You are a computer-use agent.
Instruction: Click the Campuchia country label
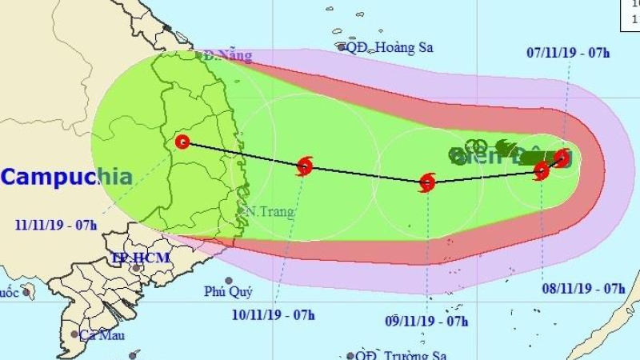point(66,177)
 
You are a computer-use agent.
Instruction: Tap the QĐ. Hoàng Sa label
point(389,47)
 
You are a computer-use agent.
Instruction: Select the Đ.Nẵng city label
point(227,56)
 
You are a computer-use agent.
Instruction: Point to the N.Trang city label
point(270,212)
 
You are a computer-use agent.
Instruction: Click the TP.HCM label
point(131,258)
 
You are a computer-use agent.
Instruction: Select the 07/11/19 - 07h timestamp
point(569,54)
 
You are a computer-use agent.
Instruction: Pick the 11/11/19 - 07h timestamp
point(56,224)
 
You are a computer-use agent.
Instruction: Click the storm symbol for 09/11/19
point(427,183)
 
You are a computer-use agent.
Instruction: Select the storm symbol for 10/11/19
point(304,166)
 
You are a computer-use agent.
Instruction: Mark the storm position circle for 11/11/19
point(182,142)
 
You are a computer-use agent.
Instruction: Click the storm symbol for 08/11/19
point(542,170)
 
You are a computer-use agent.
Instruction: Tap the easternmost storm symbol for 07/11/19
point(562,158)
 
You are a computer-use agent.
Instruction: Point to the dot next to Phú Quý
point(229,281)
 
